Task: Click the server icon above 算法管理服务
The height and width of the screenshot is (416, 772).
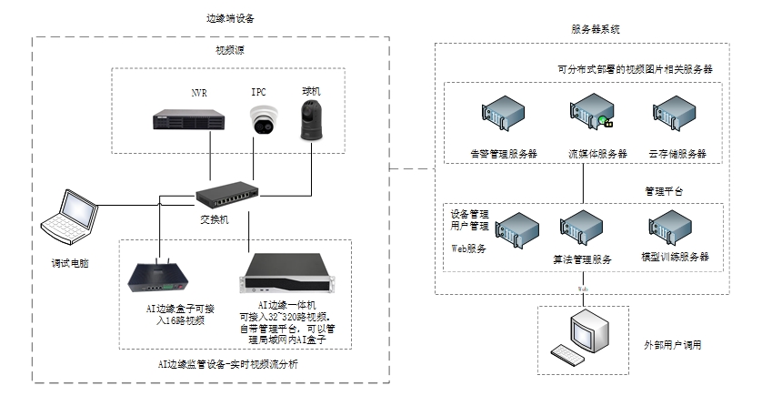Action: point(578,229)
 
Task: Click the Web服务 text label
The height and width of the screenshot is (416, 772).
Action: point(470,247)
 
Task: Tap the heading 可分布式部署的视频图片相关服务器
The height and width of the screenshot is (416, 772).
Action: point(634,68)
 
